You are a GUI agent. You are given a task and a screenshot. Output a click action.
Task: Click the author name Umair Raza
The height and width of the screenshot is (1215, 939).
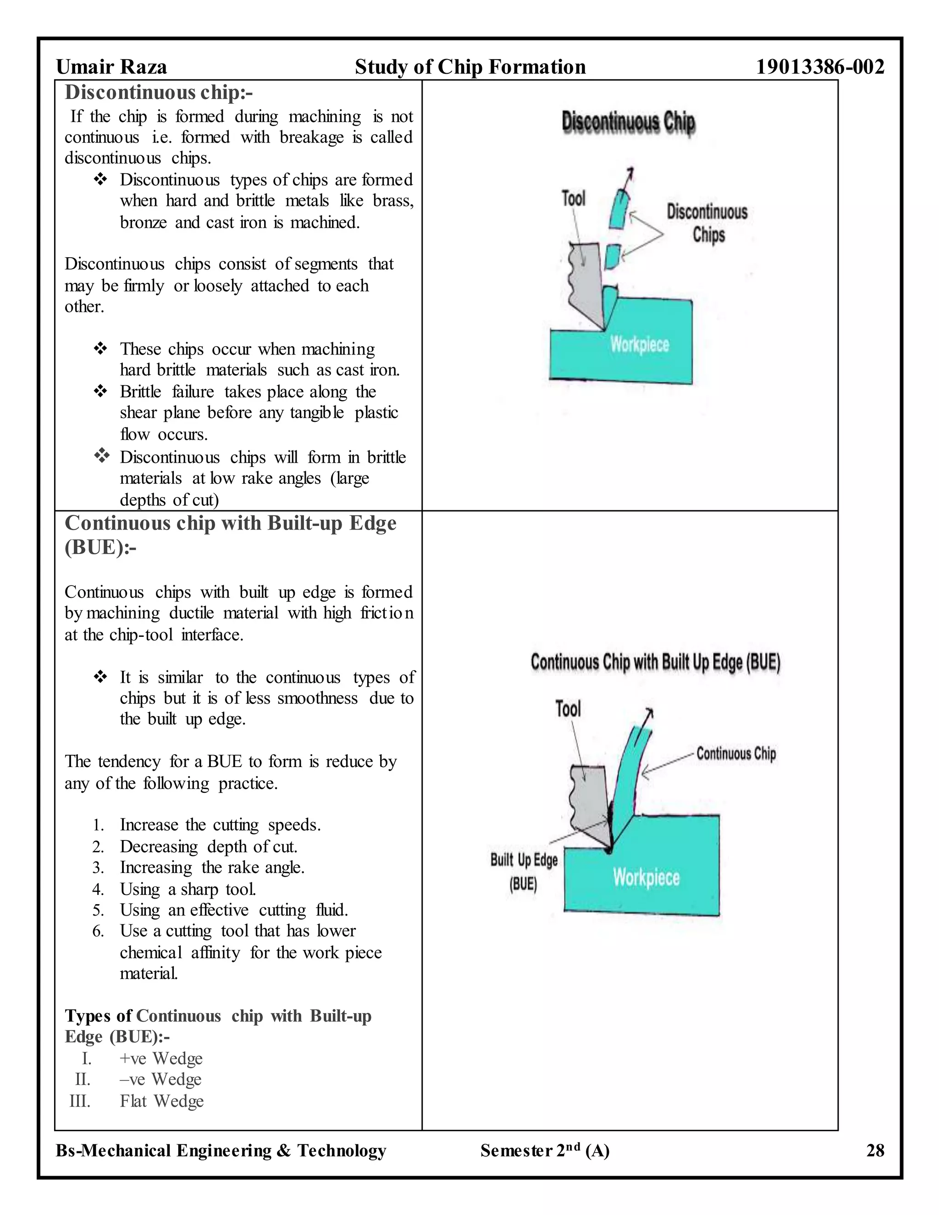(111, 67)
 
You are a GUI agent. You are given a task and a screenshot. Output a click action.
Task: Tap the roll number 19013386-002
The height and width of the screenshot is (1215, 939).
(819, 67)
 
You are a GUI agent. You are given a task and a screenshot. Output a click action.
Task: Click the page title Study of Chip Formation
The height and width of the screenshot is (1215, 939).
(470, 67)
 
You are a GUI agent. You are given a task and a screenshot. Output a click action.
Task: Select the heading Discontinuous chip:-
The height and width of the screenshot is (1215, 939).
(159, 92)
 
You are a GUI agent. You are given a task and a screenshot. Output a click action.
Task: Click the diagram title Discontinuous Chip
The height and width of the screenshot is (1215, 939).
(628, 122)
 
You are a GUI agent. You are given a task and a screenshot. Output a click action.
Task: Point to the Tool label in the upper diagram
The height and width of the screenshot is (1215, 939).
(573, 199)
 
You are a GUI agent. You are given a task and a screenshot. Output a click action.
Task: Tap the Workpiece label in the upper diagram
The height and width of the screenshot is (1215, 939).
(639, 344)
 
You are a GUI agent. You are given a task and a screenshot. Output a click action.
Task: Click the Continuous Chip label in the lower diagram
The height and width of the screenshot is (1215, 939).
(735, 754)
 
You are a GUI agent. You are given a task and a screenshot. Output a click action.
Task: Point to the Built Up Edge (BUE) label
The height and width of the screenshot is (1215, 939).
(524, 871)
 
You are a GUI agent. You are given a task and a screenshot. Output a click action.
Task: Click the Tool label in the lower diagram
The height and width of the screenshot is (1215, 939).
(568, 709)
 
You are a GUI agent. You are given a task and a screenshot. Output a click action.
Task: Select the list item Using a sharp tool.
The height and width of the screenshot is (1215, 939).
(188, 889)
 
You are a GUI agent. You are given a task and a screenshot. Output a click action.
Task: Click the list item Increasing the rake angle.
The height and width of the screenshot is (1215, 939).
(212, 867)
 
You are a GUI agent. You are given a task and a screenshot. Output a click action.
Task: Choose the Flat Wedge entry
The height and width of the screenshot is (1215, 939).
(161, 1101)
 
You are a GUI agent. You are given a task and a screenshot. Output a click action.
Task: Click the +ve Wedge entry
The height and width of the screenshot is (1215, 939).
(161, 1058)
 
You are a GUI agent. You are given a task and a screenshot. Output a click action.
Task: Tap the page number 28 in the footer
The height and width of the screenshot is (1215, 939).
(874, 1150)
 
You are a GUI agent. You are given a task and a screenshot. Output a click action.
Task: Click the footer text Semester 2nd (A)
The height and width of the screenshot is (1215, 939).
(545, 1150)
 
